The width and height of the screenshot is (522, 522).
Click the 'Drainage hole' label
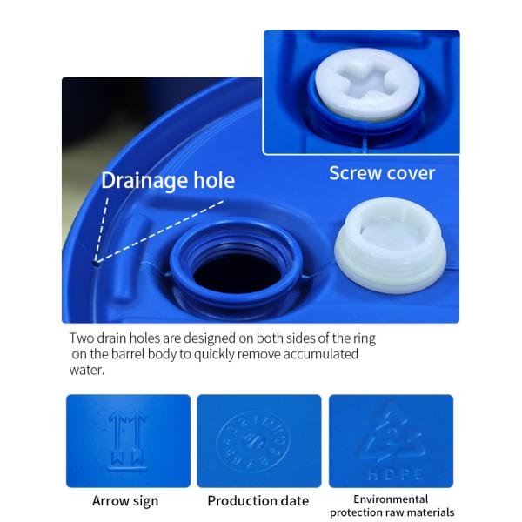tap(168, 181)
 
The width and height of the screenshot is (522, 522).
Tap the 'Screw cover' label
tap(382, 173)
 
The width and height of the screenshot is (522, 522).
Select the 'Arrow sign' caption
tap(125, 500)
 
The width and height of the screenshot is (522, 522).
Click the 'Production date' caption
tap(258, 500)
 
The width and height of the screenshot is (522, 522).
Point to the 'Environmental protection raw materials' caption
tap(391, 505)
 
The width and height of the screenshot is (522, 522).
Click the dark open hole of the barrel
tap(237, 272)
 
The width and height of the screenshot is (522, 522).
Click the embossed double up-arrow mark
tap(126, 434)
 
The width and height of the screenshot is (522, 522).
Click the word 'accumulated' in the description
tap(320, 354)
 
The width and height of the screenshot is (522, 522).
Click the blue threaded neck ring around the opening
tap(237, 244)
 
